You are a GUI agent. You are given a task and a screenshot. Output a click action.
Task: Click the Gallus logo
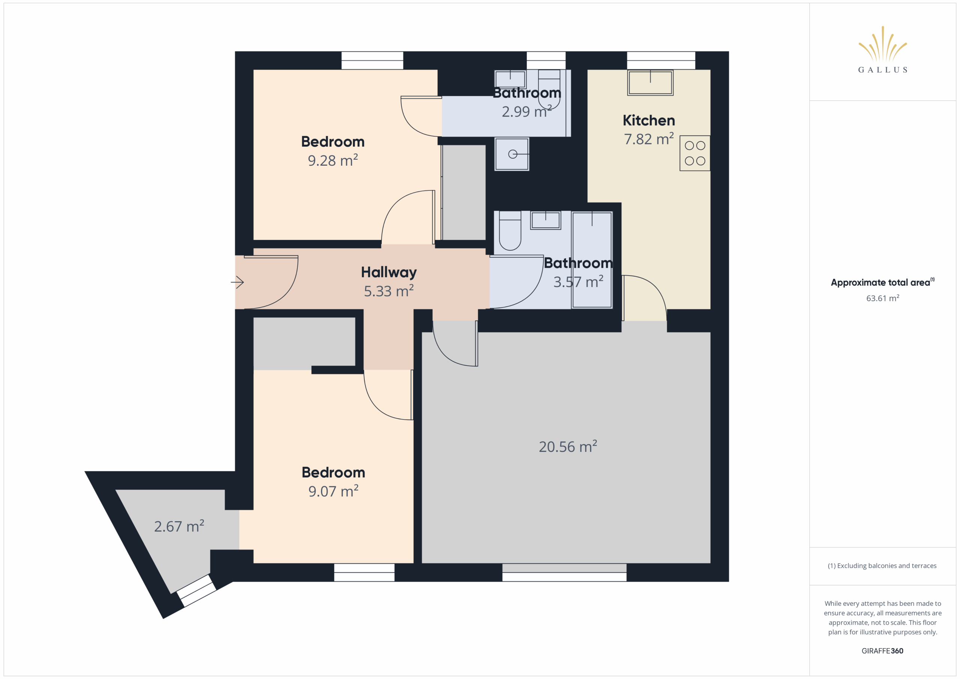[x=882, y=50]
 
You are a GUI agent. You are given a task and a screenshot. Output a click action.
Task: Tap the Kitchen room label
[x=648, y=120]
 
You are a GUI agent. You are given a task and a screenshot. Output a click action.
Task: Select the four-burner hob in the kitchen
[x=694, y=153]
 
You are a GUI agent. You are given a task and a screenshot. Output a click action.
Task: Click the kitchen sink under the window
[x=650, y=83]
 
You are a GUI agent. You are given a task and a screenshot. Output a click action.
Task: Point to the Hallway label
[x=388, y=273]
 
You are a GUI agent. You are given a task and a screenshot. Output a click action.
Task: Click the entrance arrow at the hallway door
[x=237, y=282]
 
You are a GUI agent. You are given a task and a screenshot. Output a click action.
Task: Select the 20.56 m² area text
[x=567, y=447]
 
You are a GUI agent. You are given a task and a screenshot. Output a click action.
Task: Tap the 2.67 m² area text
[x=179, y=526]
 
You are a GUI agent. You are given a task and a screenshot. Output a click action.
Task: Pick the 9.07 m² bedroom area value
[x=333, y=491]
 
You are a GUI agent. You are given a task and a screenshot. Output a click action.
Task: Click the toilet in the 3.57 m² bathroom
[x=510, y=231]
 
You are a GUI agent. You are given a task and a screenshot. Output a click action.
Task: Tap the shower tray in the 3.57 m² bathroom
[x=592, y=260]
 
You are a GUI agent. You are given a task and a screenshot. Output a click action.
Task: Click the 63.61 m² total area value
[x=882, y=298]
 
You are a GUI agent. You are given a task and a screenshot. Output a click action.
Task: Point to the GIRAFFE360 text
[x=882, y=651]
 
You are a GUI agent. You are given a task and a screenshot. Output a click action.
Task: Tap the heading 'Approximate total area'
[x=880, y=283]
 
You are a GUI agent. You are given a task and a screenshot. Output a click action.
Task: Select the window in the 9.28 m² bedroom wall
[x=372, y=61]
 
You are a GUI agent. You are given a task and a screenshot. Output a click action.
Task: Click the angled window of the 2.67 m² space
[x=196, y=591]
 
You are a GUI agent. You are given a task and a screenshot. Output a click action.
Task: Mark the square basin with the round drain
[x=512, y=154]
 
